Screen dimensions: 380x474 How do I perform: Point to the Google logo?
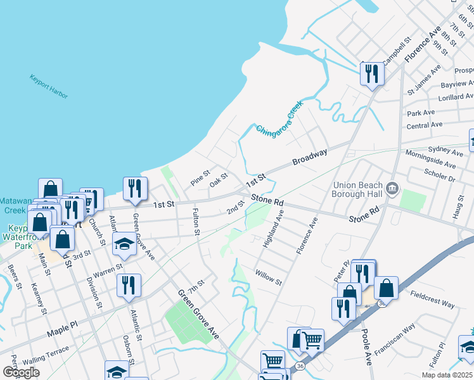21,372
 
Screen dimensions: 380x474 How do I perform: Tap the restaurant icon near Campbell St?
371,74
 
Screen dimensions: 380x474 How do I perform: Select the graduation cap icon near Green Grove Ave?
124,244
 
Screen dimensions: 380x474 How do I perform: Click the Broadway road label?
310,158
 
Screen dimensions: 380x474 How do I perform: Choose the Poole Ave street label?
367,348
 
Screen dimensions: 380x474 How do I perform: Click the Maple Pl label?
61,333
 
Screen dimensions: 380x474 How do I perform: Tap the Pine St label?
200,174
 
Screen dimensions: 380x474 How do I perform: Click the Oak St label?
219,179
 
